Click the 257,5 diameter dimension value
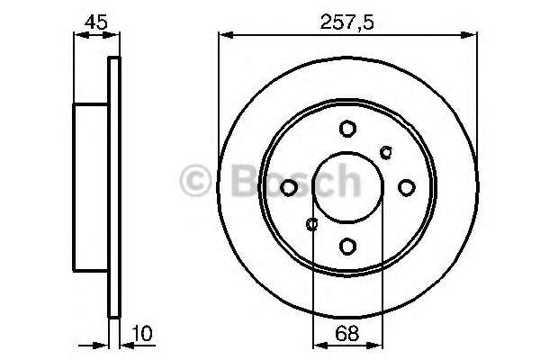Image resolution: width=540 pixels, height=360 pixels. pos(346,20)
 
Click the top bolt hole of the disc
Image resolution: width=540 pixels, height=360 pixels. pos(347,130)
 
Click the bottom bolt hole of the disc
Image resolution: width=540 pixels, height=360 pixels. pos(347,245)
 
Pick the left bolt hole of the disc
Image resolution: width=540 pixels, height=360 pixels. pos(290,187)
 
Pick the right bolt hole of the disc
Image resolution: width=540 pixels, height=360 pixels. pos(405,187)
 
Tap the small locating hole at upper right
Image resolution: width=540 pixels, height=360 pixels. pos(387,151)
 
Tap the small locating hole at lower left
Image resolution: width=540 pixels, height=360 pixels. pos(312,223)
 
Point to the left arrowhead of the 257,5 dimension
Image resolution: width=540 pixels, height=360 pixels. pos(225,35)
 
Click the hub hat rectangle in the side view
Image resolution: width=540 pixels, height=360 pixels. pos(90,187)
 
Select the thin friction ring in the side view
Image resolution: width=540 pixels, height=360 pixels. pos(113,187)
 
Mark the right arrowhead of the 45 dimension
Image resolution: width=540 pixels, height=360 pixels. pos(114,35)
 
